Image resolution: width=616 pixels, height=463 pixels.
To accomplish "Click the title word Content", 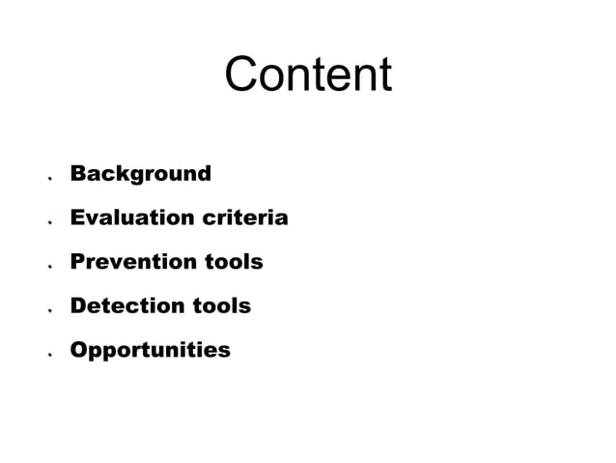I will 308,74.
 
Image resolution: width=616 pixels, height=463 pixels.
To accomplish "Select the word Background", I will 140,174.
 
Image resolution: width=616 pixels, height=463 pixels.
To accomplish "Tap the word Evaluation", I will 131,217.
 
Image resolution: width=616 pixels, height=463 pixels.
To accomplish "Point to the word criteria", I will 244,217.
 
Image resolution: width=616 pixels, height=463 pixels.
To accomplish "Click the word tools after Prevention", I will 233,262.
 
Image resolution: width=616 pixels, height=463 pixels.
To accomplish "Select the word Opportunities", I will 150,350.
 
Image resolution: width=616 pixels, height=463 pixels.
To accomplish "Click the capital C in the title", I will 242,74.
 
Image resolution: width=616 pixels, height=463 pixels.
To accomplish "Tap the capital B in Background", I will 78,174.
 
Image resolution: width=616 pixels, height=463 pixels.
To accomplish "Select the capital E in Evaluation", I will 77,217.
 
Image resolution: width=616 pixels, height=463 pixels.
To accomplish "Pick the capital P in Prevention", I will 77,262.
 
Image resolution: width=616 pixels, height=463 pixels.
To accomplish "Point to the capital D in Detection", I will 78,305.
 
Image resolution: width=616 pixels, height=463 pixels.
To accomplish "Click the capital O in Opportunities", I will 79,349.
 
